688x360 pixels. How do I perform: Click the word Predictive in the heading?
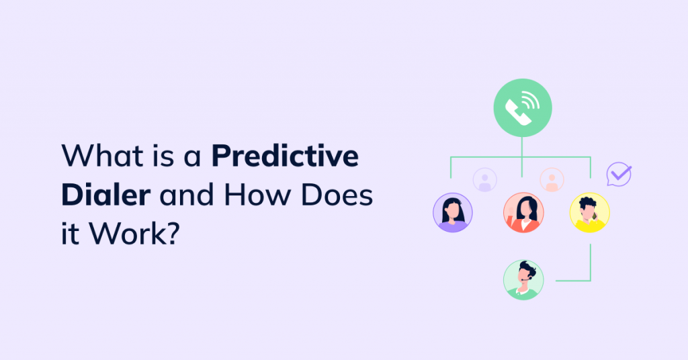[x=286, y=156]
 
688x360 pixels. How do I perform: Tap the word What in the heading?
[x=100, y=156]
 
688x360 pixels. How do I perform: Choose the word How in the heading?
[x=257, y=194]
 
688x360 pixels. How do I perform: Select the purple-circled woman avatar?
[x=453, y=212]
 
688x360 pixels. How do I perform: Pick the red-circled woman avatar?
[x=523, y=212]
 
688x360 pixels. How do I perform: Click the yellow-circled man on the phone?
[x=589, y=212]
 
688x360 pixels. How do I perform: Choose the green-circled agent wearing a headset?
[x=523, y=279]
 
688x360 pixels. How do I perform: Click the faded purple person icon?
[x=484, y=179]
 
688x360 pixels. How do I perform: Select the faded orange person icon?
[x=552, y=179]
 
